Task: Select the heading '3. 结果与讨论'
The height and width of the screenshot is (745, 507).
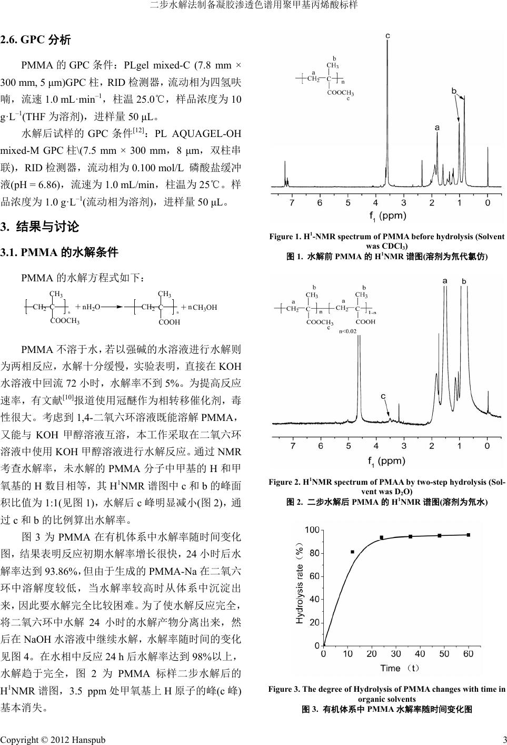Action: (x=40, y=227)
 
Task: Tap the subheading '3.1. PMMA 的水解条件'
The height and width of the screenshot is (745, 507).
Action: (x=59, y=252)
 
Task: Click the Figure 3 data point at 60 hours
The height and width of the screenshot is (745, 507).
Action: (x=468, y=535)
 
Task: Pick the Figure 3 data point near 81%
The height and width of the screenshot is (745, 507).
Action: (x=352, y=552)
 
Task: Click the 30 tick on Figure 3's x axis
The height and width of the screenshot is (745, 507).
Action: (x=396, y=654)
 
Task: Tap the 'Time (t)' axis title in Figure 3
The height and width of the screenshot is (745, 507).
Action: (x=399, y=668)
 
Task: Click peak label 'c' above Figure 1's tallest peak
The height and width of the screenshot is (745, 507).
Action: (x=387, y=35)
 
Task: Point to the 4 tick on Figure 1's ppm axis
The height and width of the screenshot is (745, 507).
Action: (x=375, y=203)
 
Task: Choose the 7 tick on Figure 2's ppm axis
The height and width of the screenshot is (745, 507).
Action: (x=292, y=446)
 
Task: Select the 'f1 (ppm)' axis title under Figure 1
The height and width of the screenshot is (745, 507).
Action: (x=387, y=215)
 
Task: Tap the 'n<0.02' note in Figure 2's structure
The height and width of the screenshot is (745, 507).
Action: (x=347, y=331)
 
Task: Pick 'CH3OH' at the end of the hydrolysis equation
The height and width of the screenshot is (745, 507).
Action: (x=204, y=307)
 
